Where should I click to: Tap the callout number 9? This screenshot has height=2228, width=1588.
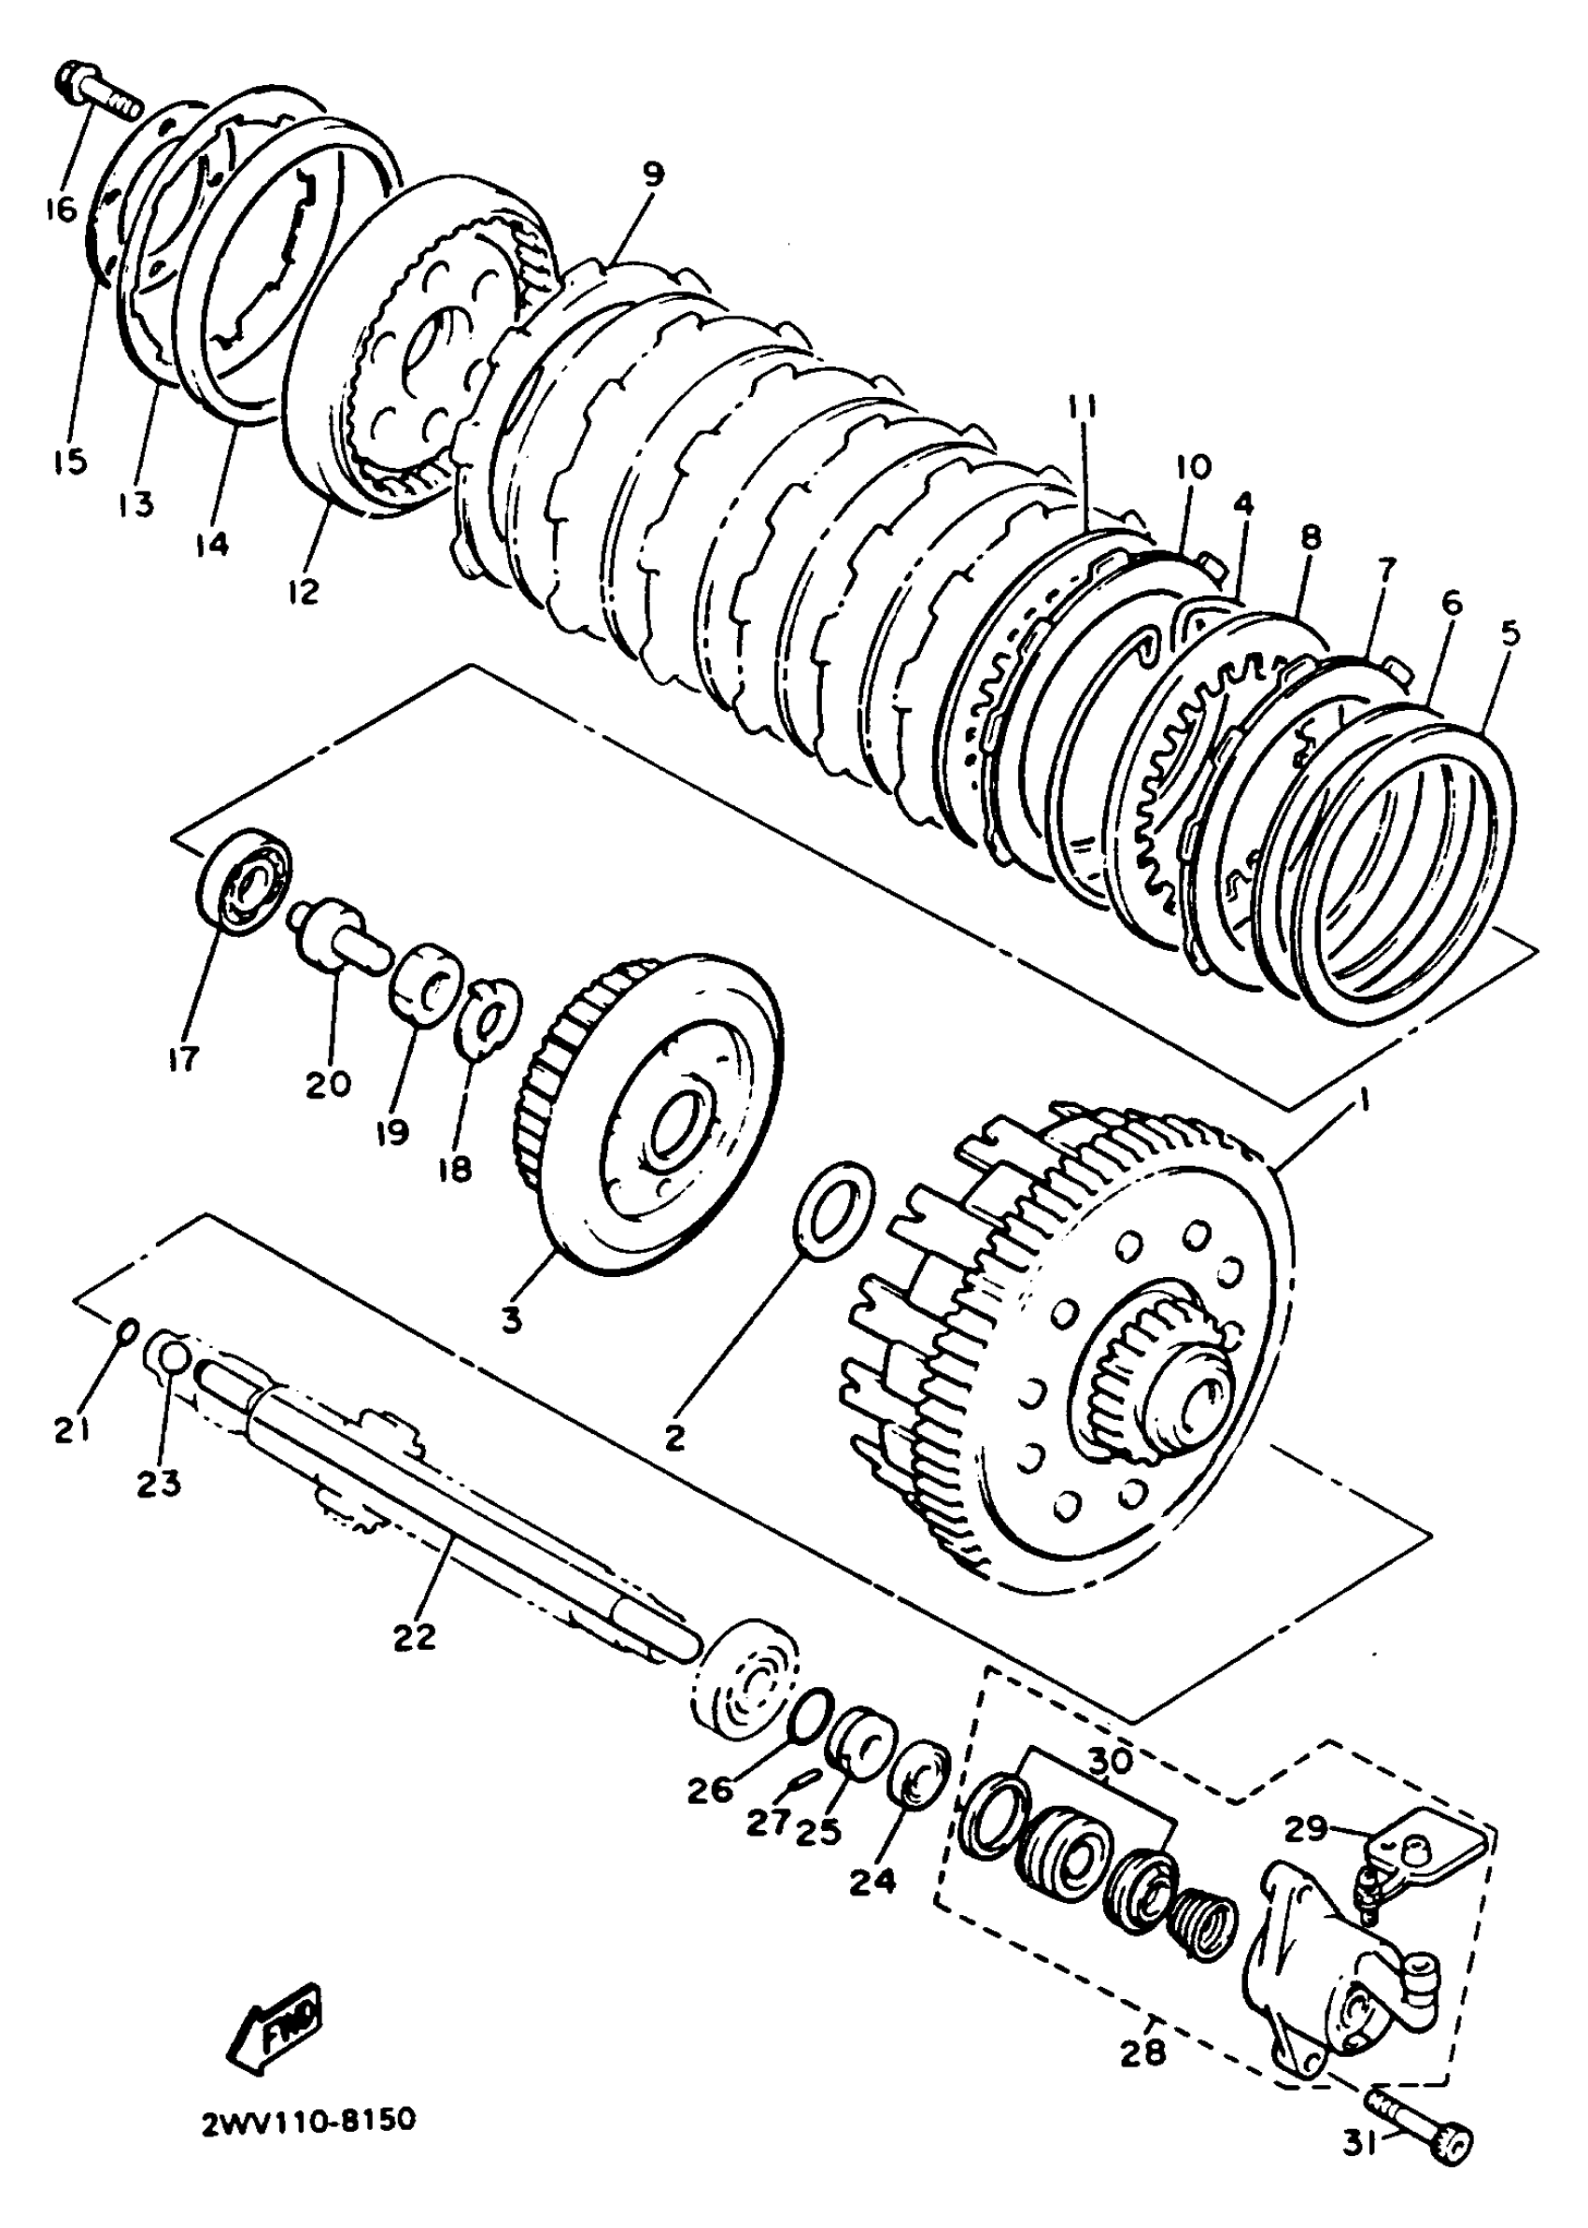[x=652, y=174]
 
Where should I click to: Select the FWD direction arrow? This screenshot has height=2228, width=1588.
[x=276, y=2013]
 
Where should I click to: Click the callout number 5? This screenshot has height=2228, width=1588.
[x=1510, y=633]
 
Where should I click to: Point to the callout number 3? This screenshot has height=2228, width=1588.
[x=510, y=1319]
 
